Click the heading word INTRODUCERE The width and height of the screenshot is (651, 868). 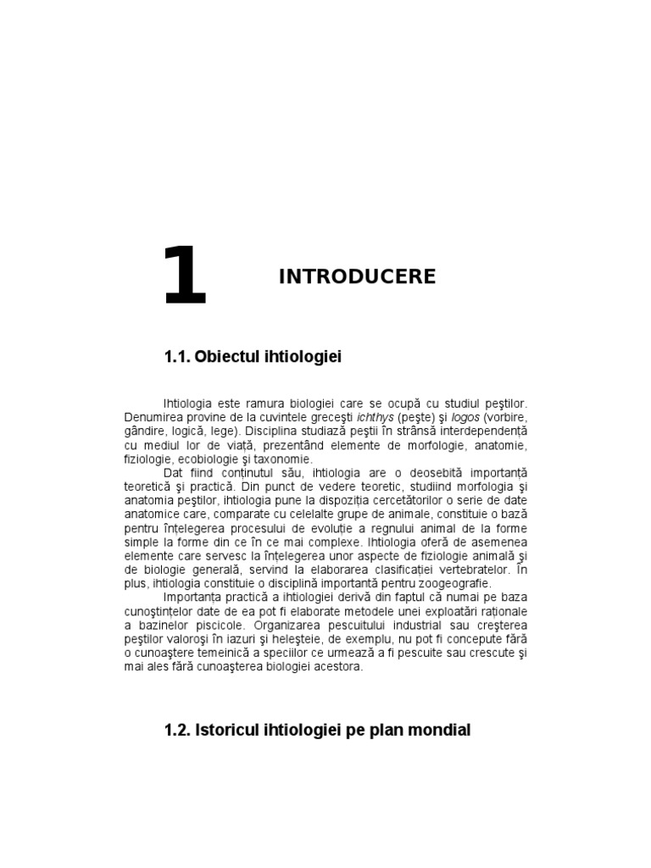point(357,276)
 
